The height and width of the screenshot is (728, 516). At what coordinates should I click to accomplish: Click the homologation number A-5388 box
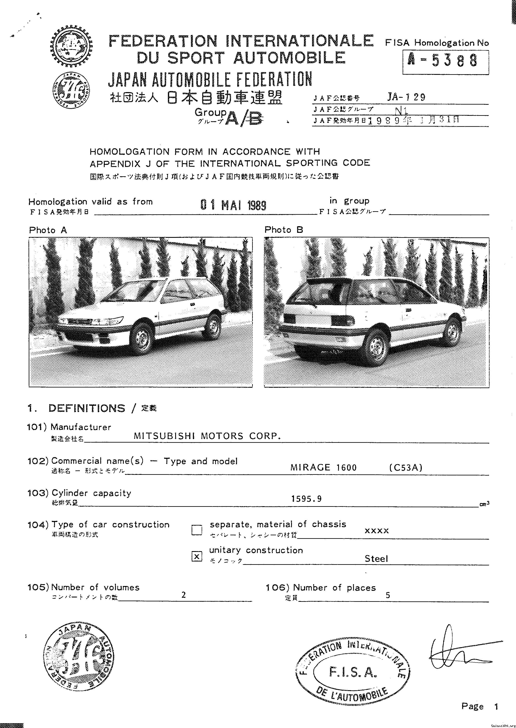pos(445,62)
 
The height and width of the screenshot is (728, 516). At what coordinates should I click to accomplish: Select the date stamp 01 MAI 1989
pos(233,205)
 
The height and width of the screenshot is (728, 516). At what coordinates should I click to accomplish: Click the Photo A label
pos(48,230)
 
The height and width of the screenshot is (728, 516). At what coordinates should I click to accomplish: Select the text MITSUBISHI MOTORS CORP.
pos(207,436)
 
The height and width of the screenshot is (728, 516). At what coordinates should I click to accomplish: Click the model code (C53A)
pos(406,467)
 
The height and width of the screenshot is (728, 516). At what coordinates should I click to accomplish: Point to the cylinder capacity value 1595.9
pos(306,499)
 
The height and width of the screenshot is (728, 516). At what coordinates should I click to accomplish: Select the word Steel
pos(376,559)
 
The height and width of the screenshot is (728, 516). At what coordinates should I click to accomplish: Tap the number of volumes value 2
pos(184,595)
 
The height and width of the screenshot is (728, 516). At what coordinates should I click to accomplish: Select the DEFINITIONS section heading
pos(87,408)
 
